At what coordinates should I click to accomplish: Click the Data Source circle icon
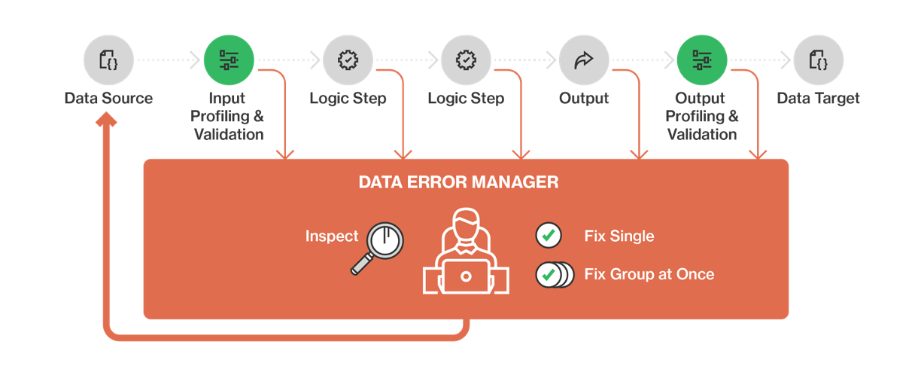point(108,59)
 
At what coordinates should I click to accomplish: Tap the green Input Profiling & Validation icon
point(229,59)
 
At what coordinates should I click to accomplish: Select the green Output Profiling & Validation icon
point(702,59)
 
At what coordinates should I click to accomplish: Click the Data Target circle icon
point(818,59)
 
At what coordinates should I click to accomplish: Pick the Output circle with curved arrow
point(584,59)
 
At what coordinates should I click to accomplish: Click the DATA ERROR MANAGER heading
point(458,182)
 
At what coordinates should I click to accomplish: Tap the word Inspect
point(332,236)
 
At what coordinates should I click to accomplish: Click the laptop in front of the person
point(466,276)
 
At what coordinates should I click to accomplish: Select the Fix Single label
point(619,236)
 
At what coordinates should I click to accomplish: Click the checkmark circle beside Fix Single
point(549,236)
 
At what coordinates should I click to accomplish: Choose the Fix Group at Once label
point(649,274)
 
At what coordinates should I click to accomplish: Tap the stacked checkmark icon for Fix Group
point(554,274)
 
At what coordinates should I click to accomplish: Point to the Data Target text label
point(818,99)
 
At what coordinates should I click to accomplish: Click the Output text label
point(584,99)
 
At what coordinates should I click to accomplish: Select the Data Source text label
point(108,99)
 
